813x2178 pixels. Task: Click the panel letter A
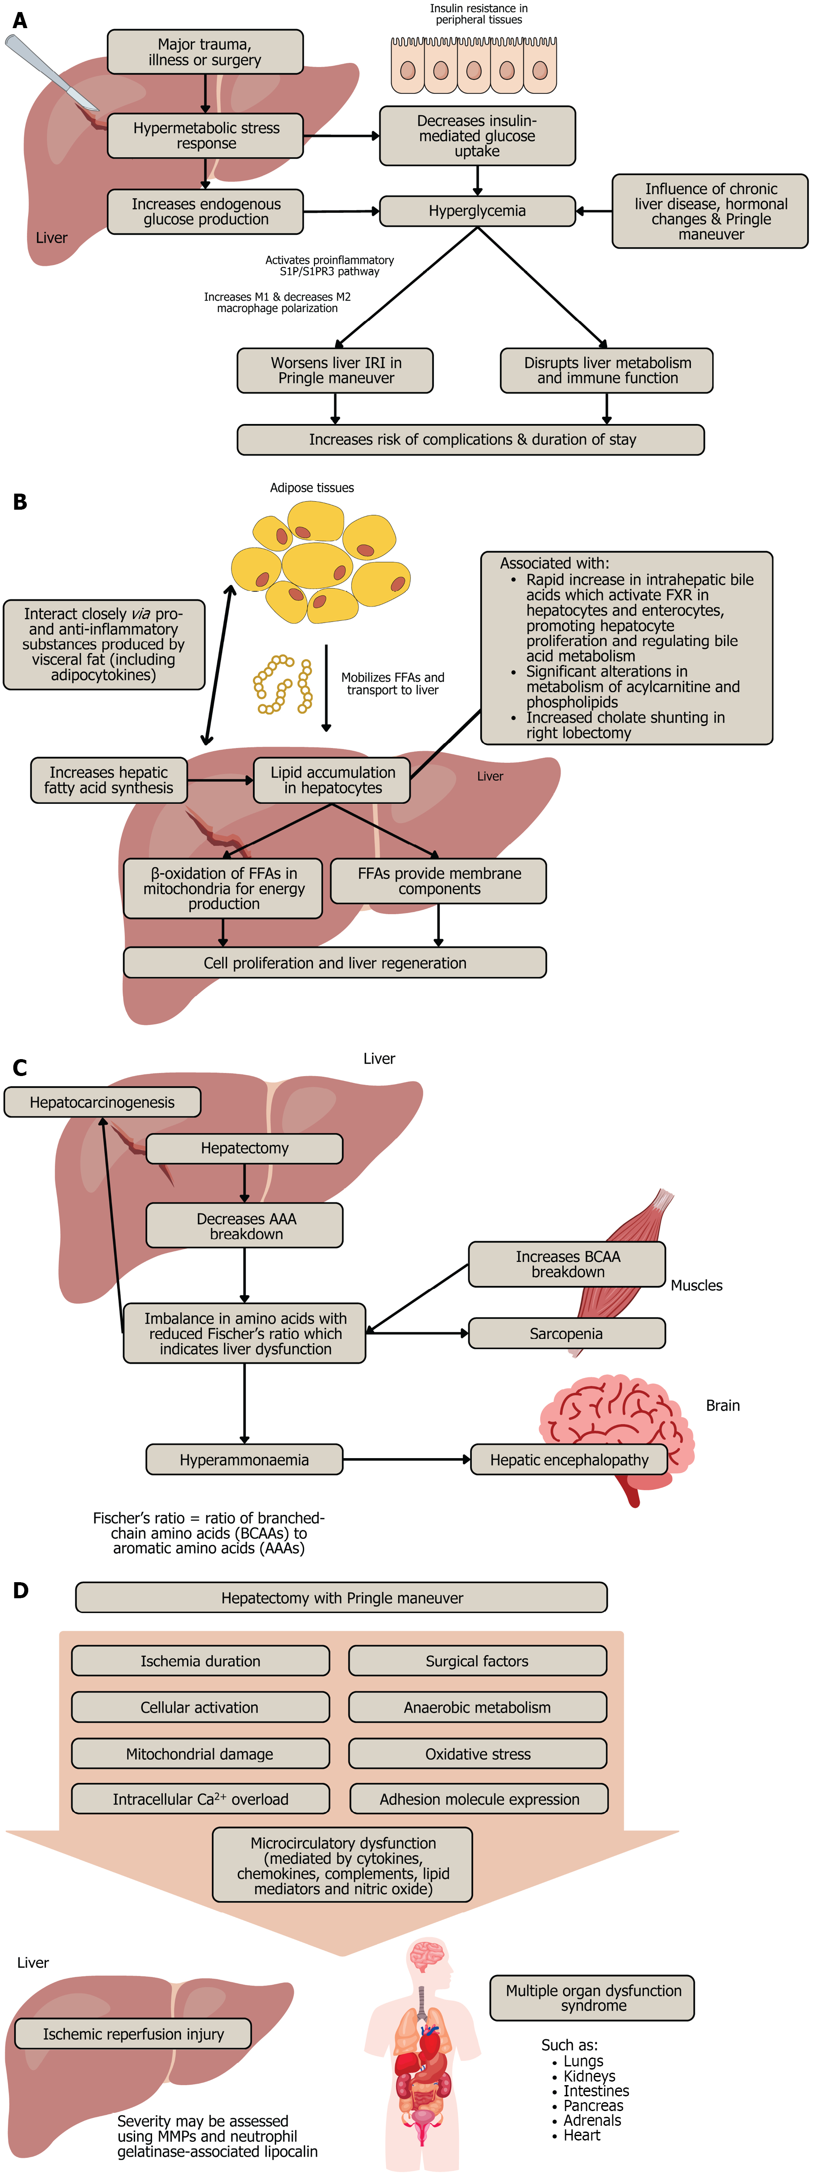(19, 20)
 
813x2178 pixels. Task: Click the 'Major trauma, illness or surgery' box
(205, 52)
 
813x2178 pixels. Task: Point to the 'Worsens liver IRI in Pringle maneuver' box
(335, 370)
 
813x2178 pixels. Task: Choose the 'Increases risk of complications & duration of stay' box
(471, 440)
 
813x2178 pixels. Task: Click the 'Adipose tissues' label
(312, 488)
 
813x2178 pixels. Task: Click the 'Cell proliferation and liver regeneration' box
(334, 963)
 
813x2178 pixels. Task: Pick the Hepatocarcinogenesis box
(102, 1102)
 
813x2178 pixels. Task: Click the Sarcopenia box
(566, 1333)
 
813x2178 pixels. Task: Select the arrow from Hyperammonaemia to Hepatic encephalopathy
(406, 1459)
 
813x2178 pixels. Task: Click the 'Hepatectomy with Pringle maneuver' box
(342, 1598)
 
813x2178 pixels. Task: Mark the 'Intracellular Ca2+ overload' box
(200, 1799)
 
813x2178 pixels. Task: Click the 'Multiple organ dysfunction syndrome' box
(592, 1998)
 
